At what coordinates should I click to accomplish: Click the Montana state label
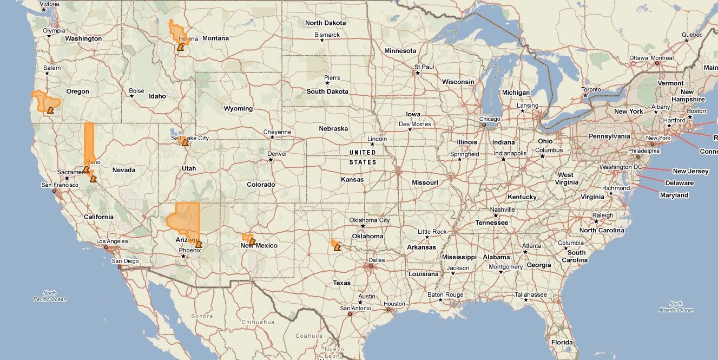(x=215, y=38)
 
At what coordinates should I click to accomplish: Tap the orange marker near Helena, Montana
(x=180, y=48)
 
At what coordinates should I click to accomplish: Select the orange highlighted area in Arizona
(x=183, y=220)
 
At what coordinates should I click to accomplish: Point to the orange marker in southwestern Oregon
(x=50, y=110)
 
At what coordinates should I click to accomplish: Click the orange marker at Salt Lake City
(x=185, y=143)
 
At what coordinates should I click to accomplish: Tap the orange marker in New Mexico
(x=252, y=242)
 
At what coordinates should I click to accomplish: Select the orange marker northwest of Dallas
(x=337, y=248)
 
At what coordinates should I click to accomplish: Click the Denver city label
(x=277, y=154)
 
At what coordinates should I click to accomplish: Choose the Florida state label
(x=562, y=342)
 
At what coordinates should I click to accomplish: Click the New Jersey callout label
(x=690, y=171)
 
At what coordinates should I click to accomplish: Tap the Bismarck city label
(x=327, y=35)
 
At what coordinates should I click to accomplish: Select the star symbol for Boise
(x=131, y=96)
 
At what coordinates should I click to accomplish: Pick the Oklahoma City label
(x=370, y=220)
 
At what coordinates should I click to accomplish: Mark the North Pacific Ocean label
(x=50, y=296)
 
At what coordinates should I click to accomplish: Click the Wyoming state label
(x=238, y=108)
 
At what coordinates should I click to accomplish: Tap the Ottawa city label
(x=638, y=58)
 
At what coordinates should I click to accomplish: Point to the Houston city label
(x=394, y=304)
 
